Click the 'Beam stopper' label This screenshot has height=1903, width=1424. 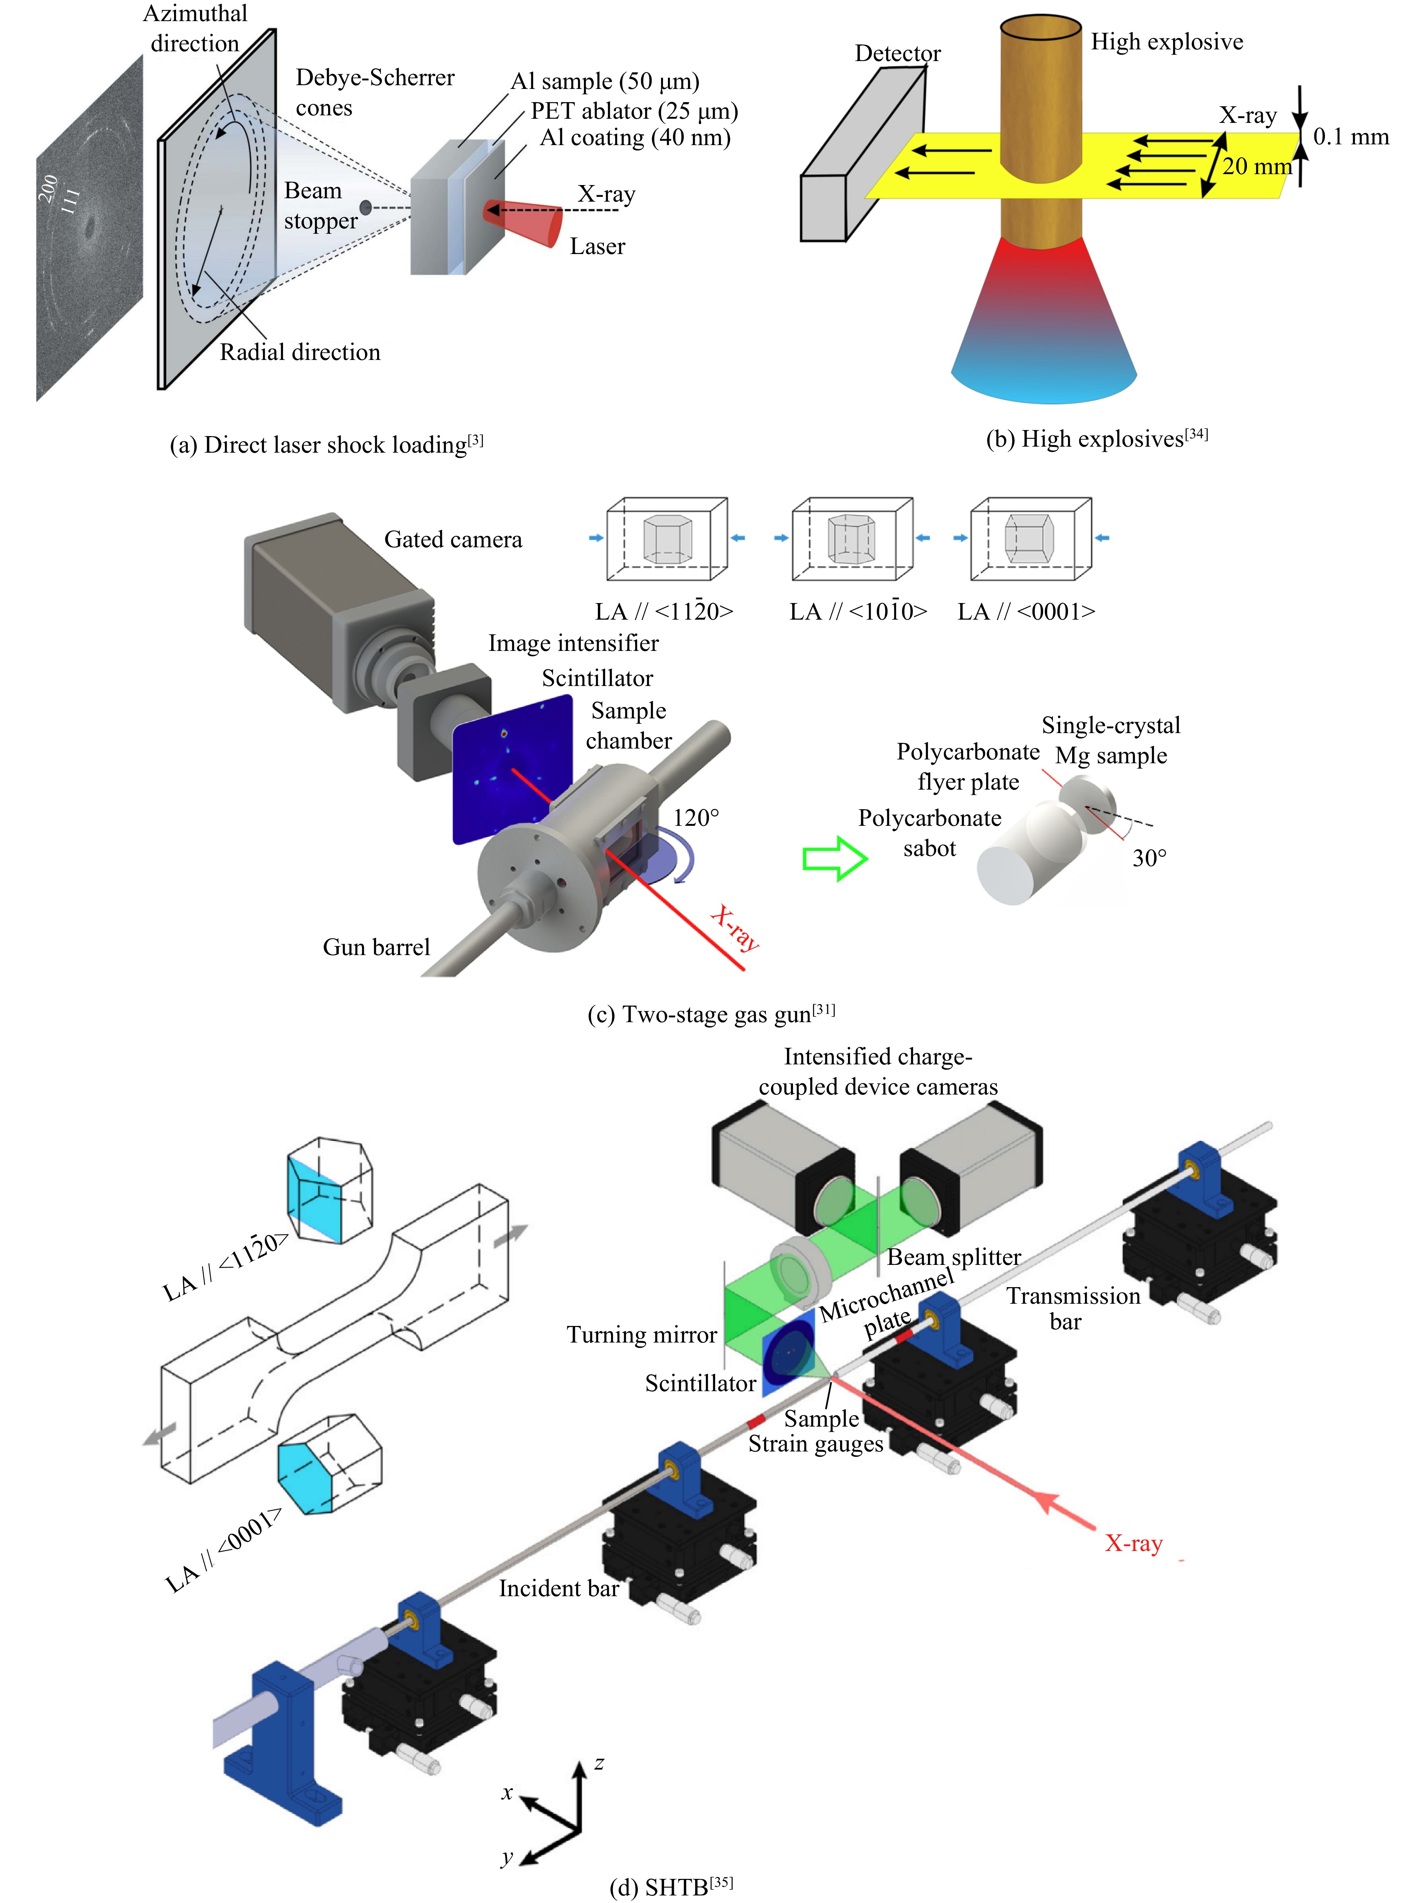tap(320, 206)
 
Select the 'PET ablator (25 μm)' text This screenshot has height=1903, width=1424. tap(634, 111)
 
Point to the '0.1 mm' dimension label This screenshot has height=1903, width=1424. tap(1350, 137)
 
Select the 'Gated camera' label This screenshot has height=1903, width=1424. tap(452, 539)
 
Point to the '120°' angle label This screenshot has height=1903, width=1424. tap(696, 817)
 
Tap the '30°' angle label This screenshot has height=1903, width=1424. tap(1149, 858)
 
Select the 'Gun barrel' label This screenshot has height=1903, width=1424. tap(376, 947)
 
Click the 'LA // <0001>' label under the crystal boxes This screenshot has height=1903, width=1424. tap(1026, 612)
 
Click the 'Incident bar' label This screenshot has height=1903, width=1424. tap(558, 1588)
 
